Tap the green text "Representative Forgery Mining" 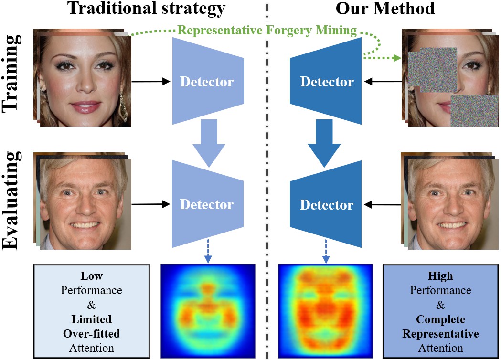(x=267, y=32)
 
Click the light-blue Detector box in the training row (x=207, y=82)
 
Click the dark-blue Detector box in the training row (x=327, y=82)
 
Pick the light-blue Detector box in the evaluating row (x=207, y=204)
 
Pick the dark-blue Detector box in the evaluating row (x=327, y=204)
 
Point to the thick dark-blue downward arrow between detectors (x=326, y=141)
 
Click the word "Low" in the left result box (x=92, y=276)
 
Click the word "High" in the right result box (x=441, y=276)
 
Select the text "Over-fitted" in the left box (x=92, y=333)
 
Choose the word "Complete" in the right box (x=441, y=319)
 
